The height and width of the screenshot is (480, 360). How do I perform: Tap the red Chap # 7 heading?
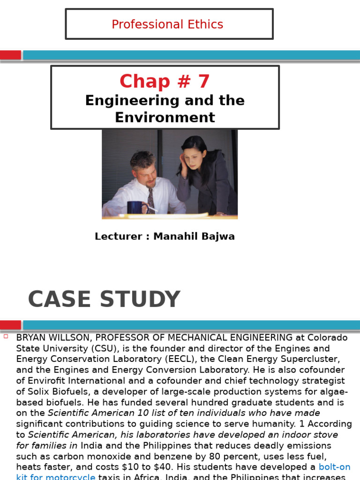[165, 82]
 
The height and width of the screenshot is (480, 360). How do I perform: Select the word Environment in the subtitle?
[165, 117]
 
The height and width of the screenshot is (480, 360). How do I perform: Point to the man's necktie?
[151, 200]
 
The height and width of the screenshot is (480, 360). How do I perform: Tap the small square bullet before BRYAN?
[6, 336]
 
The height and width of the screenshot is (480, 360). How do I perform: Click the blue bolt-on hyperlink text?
[334, 467]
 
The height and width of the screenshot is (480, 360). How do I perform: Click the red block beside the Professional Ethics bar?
[10, 55]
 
